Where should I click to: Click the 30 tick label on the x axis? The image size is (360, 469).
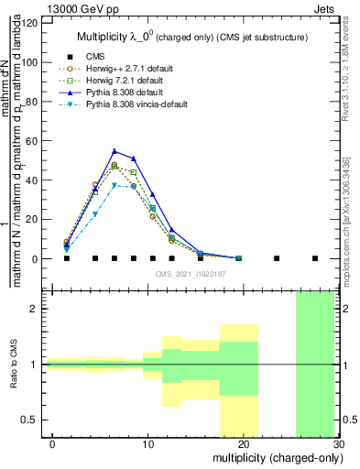click(338, 443)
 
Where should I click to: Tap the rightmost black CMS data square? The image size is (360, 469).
click(315, 258)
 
